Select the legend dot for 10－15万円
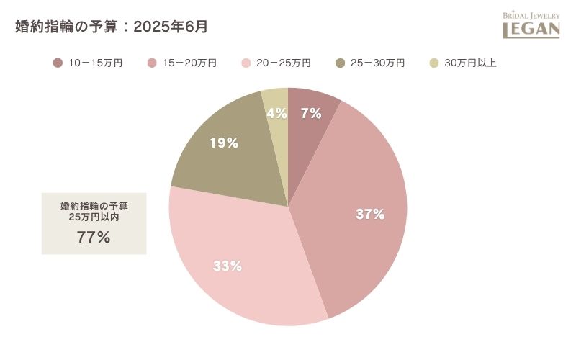(58, 63)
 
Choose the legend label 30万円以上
(470, 63)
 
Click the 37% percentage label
(370, 214)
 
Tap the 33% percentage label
(228, 266)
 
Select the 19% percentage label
(224, 143)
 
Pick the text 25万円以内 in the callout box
(94, 217)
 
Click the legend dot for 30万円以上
(433, 63)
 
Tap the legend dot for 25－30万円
(340, 63)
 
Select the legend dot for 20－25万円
(246, 63)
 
